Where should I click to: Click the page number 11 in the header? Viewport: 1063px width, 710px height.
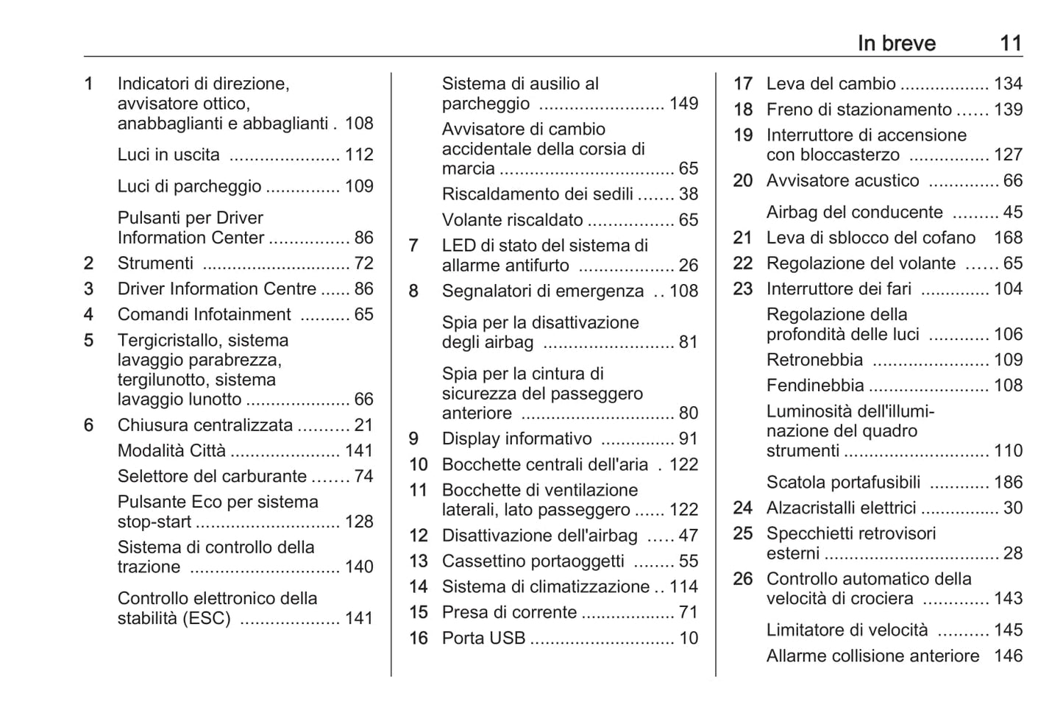click(1011, 43)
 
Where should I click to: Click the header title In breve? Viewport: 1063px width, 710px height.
click(896, 43)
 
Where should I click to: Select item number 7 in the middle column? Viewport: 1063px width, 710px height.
click(413, 246)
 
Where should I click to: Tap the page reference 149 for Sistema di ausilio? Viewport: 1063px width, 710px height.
click(683, 104)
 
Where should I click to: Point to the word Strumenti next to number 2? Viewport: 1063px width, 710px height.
click(155, 263)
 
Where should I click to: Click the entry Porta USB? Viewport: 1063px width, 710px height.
click(483, 638)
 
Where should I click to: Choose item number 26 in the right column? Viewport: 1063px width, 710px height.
click(742, 579)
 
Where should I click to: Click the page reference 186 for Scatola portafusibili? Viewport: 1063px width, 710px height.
click(1008, 483)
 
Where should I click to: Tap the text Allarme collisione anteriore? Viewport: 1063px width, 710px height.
click(872, 656)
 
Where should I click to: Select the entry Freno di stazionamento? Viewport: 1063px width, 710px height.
click(858, 110)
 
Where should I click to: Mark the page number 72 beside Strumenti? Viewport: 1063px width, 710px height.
click(363, 263)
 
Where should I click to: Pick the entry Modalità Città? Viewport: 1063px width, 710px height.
click(171, 451)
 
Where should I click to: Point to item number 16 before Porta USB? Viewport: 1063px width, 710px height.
click(418, 638)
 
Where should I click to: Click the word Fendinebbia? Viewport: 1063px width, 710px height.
click(814, 386)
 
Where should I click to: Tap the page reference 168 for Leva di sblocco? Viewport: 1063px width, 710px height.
click(1008, 238)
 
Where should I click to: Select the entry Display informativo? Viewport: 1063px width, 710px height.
click(516, 439)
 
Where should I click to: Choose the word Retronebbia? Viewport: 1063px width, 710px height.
click(814, 360)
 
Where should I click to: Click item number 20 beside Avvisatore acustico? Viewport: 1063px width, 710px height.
click(742, 181)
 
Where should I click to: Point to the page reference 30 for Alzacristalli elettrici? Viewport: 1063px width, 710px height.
click(1012, 508)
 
